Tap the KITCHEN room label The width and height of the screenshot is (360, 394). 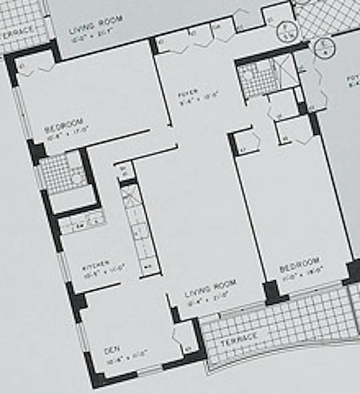pos(96,266)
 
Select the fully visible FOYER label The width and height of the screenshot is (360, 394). pos(188,93)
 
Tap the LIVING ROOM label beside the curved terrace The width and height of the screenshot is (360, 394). pos(210,288)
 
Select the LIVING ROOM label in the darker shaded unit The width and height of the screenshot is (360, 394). pos(95,25)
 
